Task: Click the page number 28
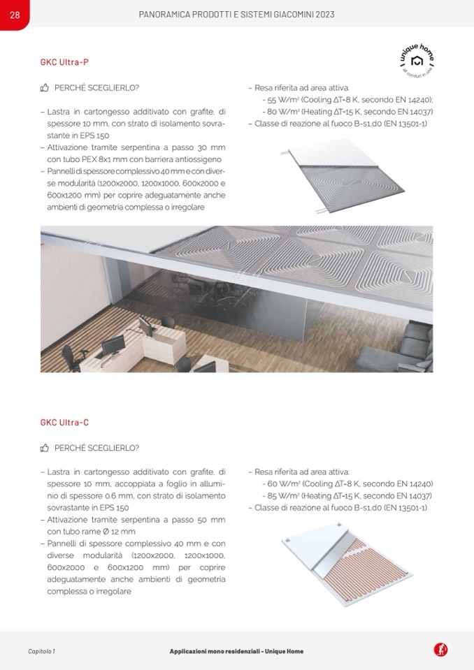pos(15,15)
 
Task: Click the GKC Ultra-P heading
pos(64,62)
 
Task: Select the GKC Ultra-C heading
pos(64,423)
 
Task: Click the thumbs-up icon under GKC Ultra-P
pos(45,88)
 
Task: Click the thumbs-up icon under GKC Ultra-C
pos(45,448)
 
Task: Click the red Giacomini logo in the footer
pos(440,650)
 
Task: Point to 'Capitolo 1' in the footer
pos(41,651)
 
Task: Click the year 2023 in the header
pos(321,15)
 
